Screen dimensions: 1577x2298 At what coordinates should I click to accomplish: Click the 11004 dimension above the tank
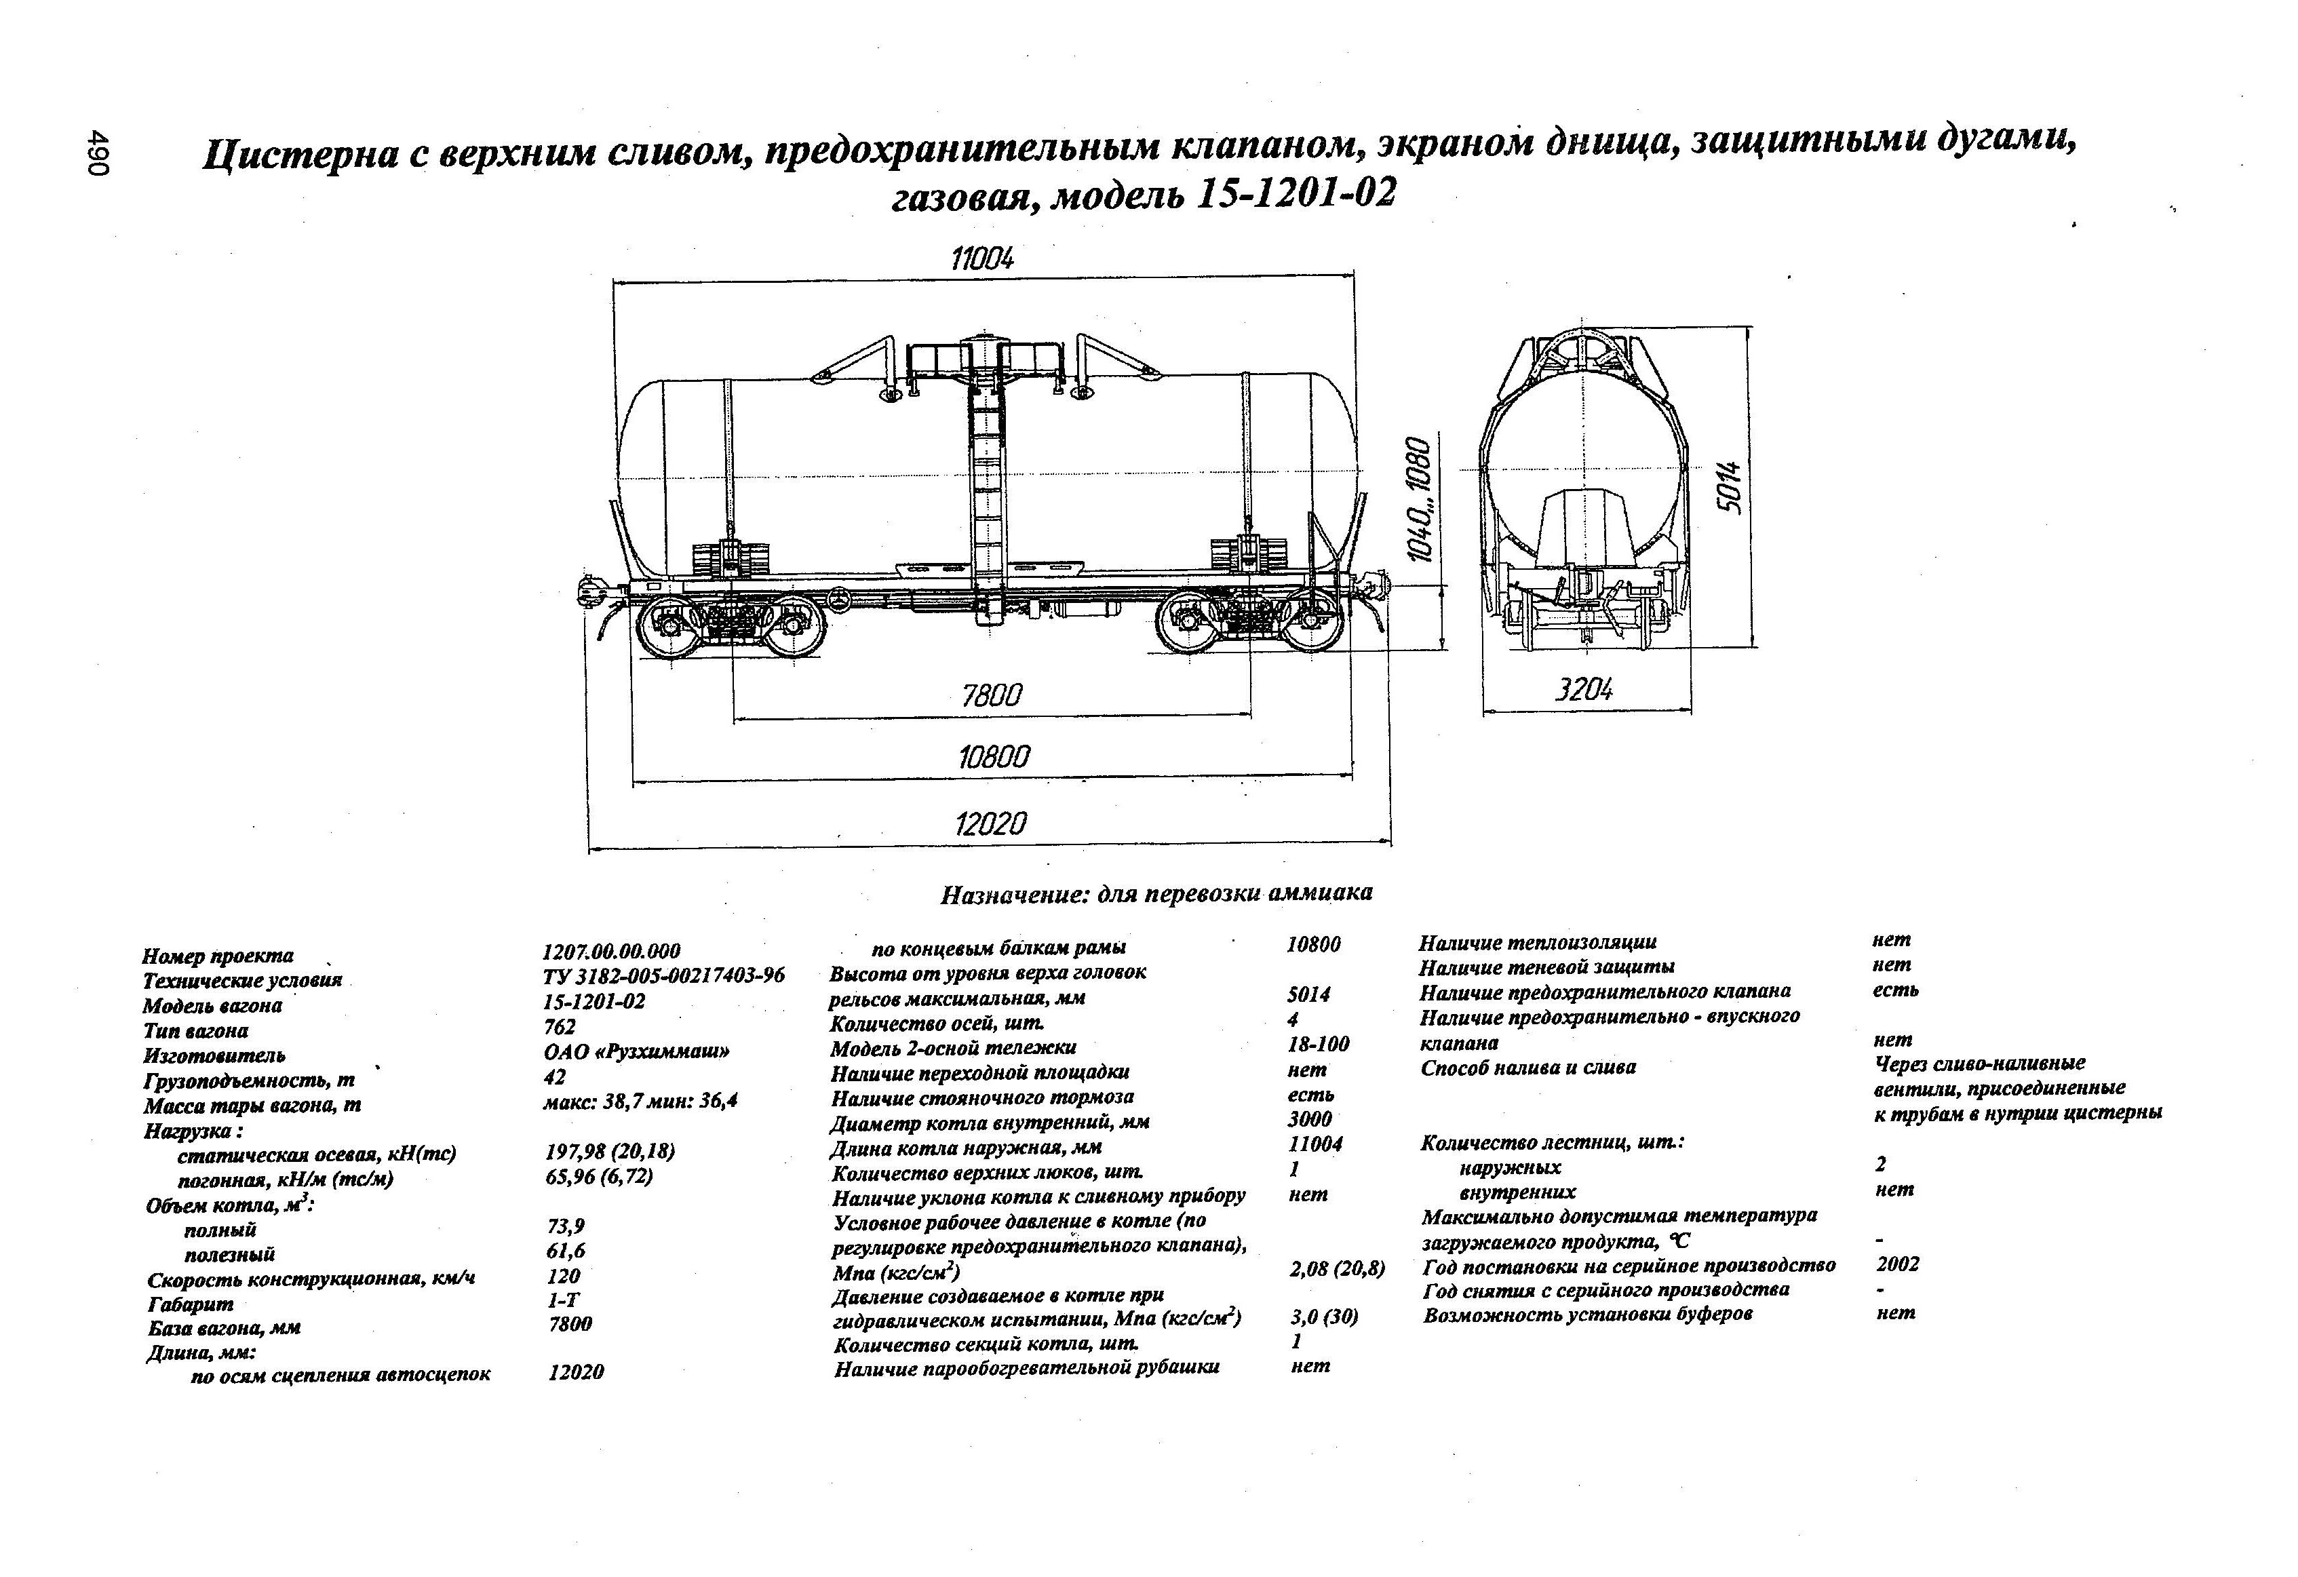[982, 259]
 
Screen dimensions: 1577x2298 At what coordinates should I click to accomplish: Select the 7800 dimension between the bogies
[992, 696]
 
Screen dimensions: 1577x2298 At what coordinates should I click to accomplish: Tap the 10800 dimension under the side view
[993, 758]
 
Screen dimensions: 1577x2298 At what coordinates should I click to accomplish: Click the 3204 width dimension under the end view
[1584, 690]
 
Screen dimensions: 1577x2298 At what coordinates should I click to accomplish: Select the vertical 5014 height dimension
[1728, 486]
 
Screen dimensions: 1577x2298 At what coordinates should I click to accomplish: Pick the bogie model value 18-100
[1317, 1044]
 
